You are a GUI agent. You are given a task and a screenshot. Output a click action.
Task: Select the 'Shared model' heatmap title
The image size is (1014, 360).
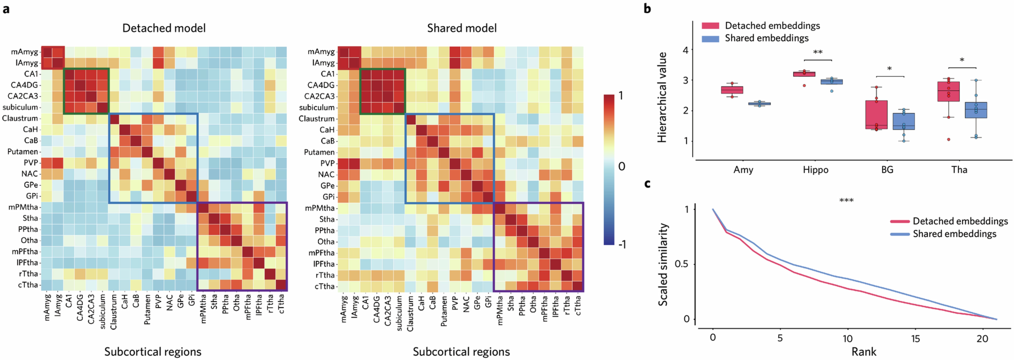[x=462, y=28]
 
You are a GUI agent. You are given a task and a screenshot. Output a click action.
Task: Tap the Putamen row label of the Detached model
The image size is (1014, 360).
[x=23, y=151]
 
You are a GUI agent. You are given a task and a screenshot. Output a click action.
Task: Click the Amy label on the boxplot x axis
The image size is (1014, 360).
[x=743, y=170]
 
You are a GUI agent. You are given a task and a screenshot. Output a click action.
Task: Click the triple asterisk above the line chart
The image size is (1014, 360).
[x=846, y=201]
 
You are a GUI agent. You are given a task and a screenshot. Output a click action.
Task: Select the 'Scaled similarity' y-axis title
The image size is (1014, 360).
[x=663, y=264]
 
